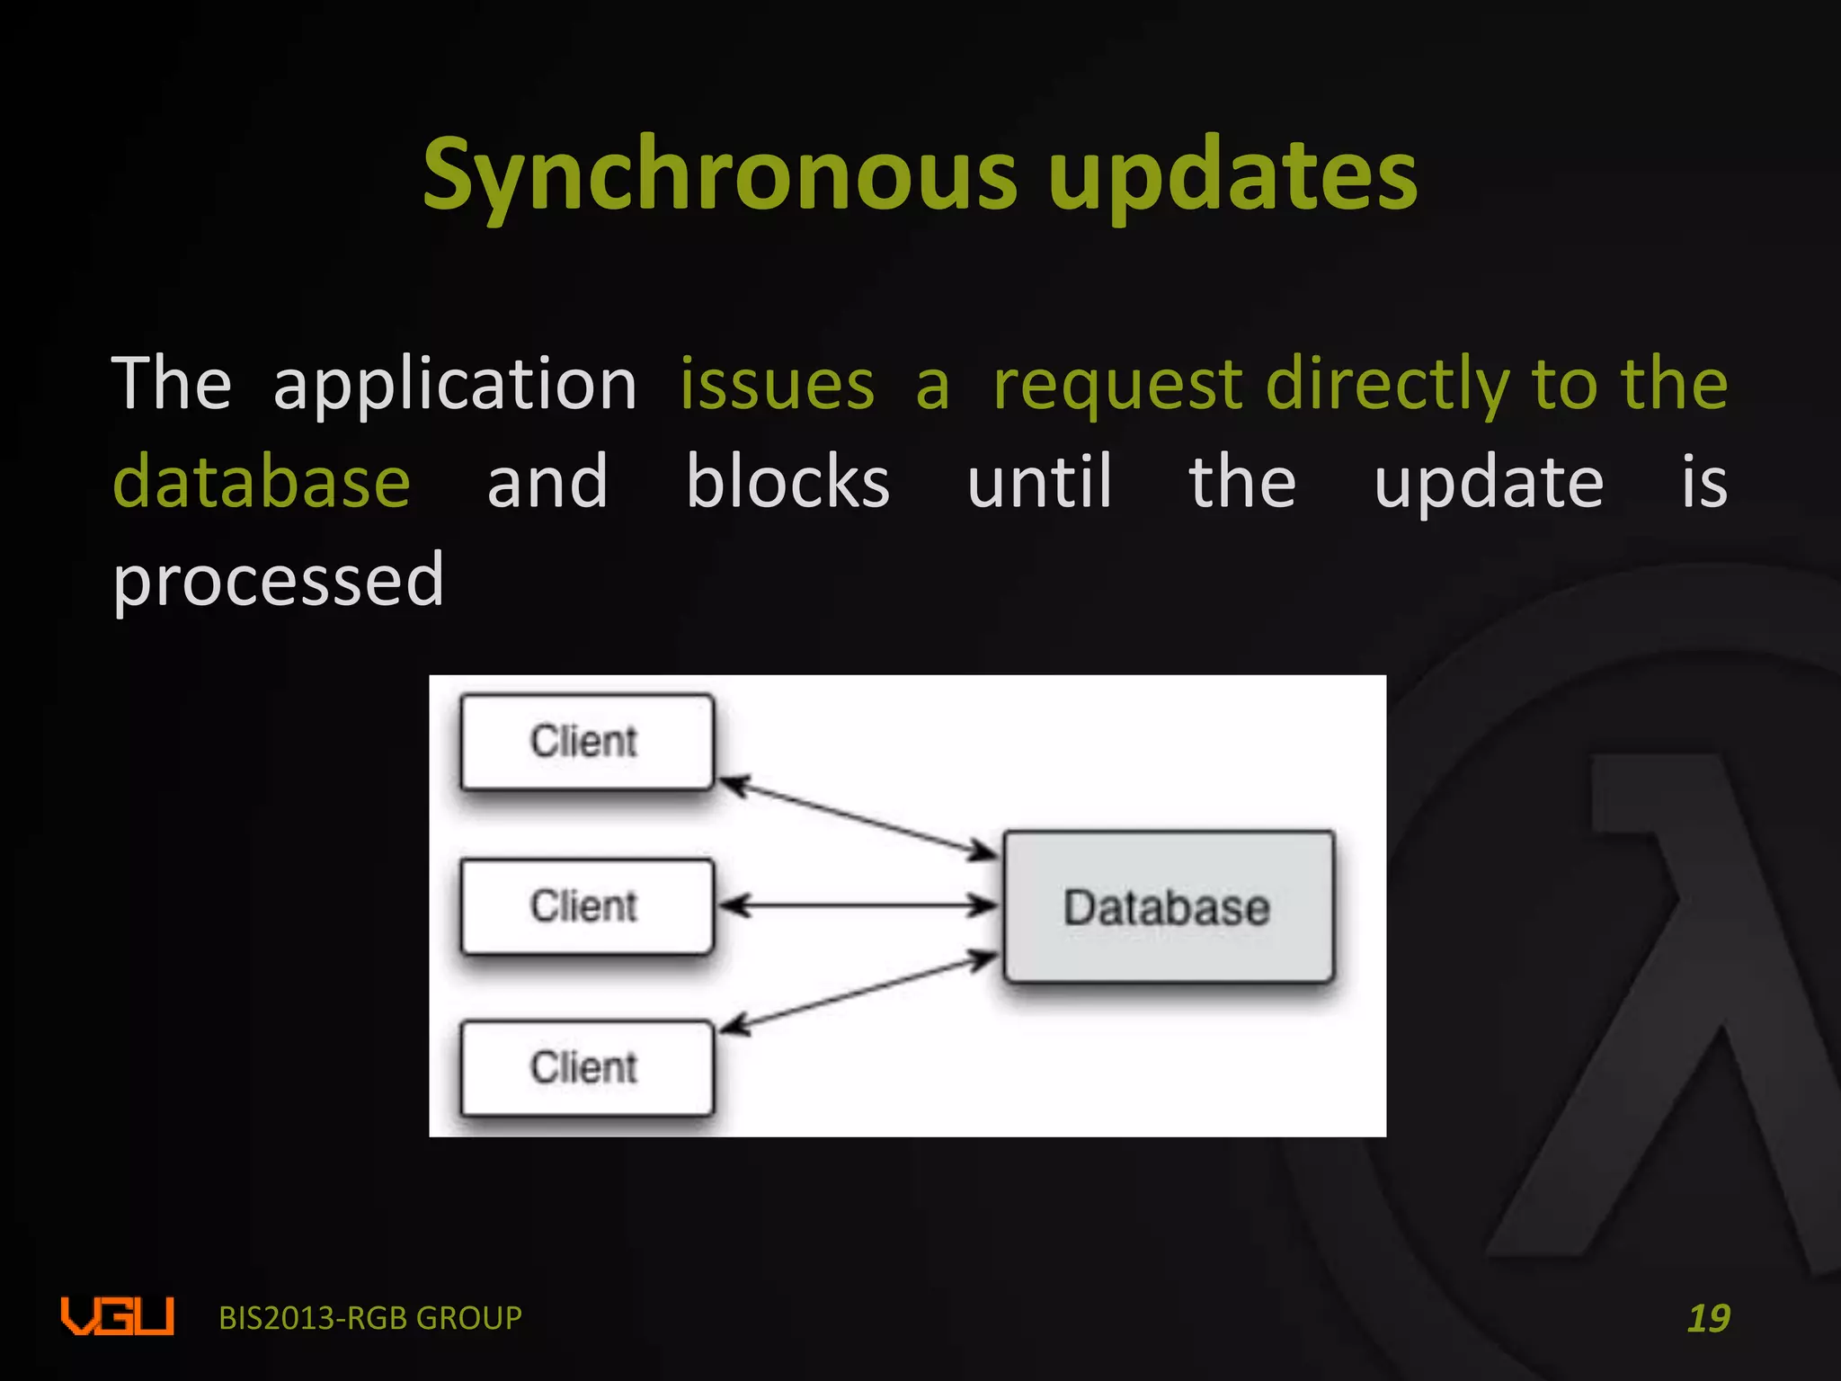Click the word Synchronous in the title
click(x=719, y=175)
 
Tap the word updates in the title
click(x=1232, y=175)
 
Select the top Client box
click(x=587, y=742)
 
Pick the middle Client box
click(x=587, y=906)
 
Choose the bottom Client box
click(x=587, y=1068)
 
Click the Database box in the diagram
click(x=1168, y=906)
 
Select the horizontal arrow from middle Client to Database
click(x=858, y=905)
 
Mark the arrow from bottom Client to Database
click(x=858, y=993)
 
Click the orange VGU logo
click(x=117, y=1316)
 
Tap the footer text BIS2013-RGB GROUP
click(x=370, y=1318)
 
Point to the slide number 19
click(x=1708, y=1318)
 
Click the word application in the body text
click(x=455, y=385)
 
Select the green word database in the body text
click(x=262, y=482)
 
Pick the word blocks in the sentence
click(x=787, y=482)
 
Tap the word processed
click(x=279, y=581)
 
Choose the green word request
click(x=1117, y=385)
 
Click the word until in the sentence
click(x=1039, y=482)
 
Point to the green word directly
click(x=1387, y=385)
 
